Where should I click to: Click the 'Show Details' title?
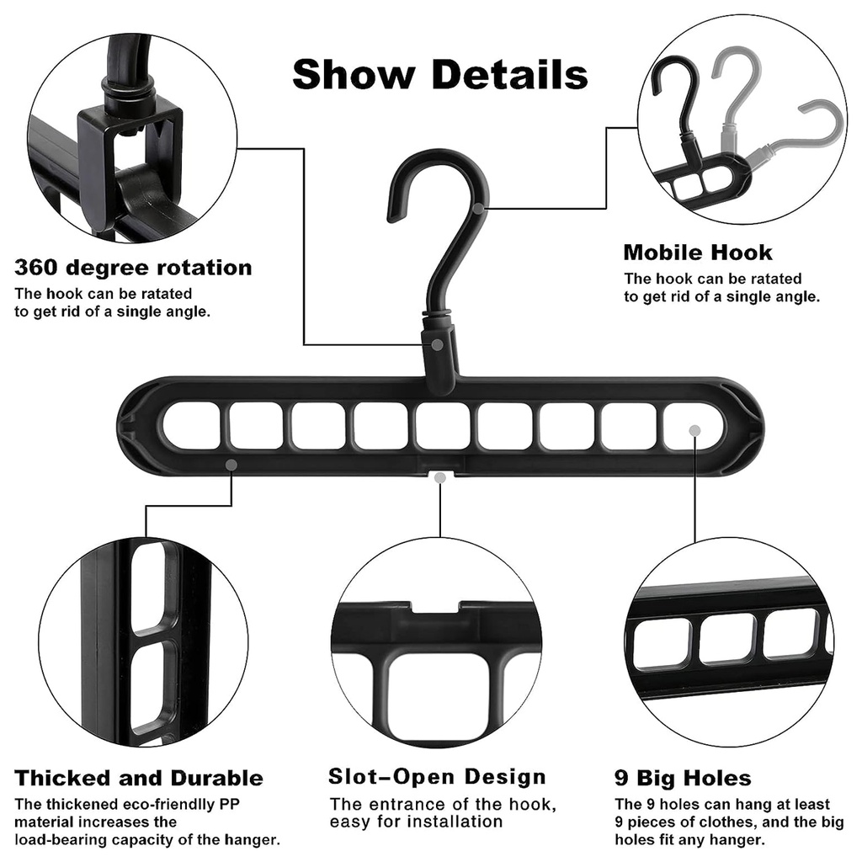pyautogui.click(x=439, y=74)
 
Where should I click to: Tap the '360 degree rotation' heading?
pyautogui.click(x=133, y=268)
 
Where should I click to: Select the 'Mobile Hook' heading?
pyautogui.click(x=697, y=253)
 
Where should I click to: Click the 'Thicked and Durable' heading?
pyautogui.click(x=139, y=778)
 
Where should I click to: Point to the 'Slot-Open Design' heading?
pyautogui.click(x=437, y=776)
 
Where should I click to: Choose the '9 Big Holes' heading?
pyautogui.click(x=683, y=778)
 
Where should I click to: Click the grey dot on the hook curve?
pyautogui.click(x=478, y=206)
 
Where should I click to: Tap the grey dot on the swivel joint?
pyautogui.click(x=439, y=344)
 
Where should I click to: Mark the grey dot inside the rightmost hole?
pyautogui.click(x=694, y=430)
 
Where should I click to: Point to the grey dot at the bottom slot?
pyautogui.click(x=439, y=477)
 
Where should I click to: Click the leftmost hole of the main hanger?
pyautogui.click(x=192, y=425)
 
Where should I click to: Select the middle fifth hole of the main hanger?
pyautogui.click(x=443, y=425)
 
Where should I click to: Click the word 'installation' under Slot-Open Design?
pyautogui.click(x=457, y=822)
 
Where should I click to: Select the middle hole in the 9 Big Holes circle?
pyautogui.click(x=726, y=637)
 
